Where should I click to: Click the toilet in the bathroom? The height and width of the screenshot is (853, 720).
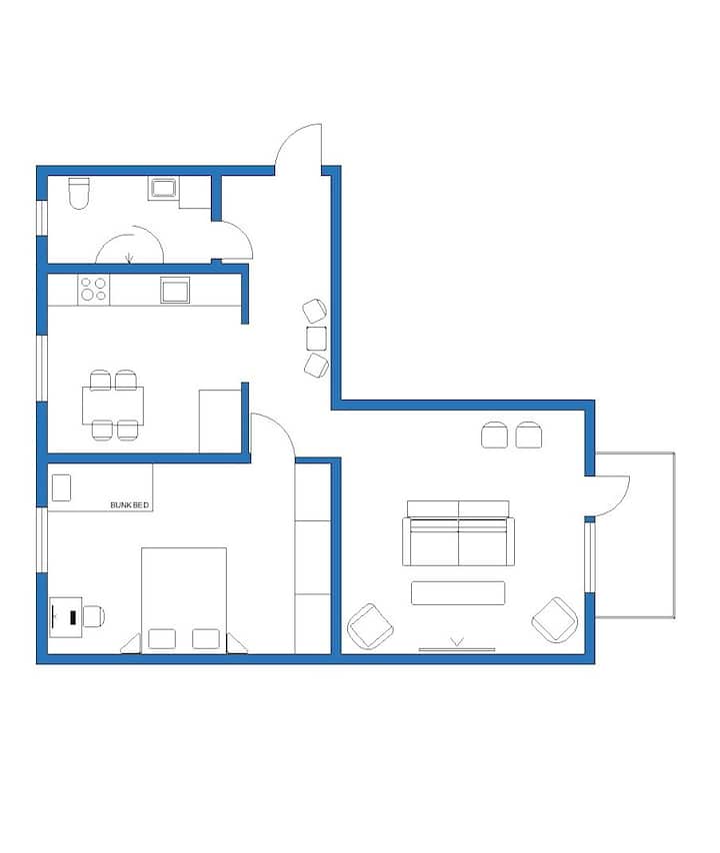[79, 193]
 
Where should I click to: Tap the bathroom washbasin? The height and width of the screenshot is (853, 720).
[163, 188]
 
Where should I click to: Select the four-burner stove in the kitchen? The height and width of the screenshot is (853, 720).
[93, 290]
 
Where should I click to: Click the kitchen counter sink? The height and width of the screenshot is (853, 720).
[175, 290]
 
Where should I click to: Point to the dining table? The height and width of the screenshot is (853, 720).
[113, 405]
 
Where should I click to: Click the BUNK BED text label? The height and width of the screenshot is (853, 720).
[129, 505]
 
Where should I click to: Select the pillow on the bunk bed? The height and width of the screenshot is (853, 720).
[61, 487]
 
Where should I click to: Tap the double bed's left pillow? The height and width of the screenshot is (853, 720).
[162, 638]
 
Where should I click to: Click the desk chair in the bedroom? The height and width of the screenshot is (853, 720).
[94, 616]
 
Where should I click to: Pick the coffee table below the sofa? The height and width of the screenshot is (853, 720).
[458, 593]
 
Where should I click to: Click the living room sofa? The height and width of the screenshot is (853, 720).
[458, 533]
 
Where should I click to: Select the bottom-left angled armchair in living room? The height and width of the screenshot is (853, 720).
[370, 626]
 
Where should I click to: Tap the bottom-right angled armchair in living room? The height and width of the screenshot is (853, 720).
[554, 620]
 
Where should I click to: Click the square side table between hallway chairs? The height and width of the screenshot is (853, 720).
[316, 339]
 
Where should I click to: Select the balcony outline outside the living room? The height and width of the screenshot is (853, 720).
[674, 534]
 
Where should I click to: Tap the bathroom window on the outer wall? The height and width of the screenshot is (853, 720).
[42, 218]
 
